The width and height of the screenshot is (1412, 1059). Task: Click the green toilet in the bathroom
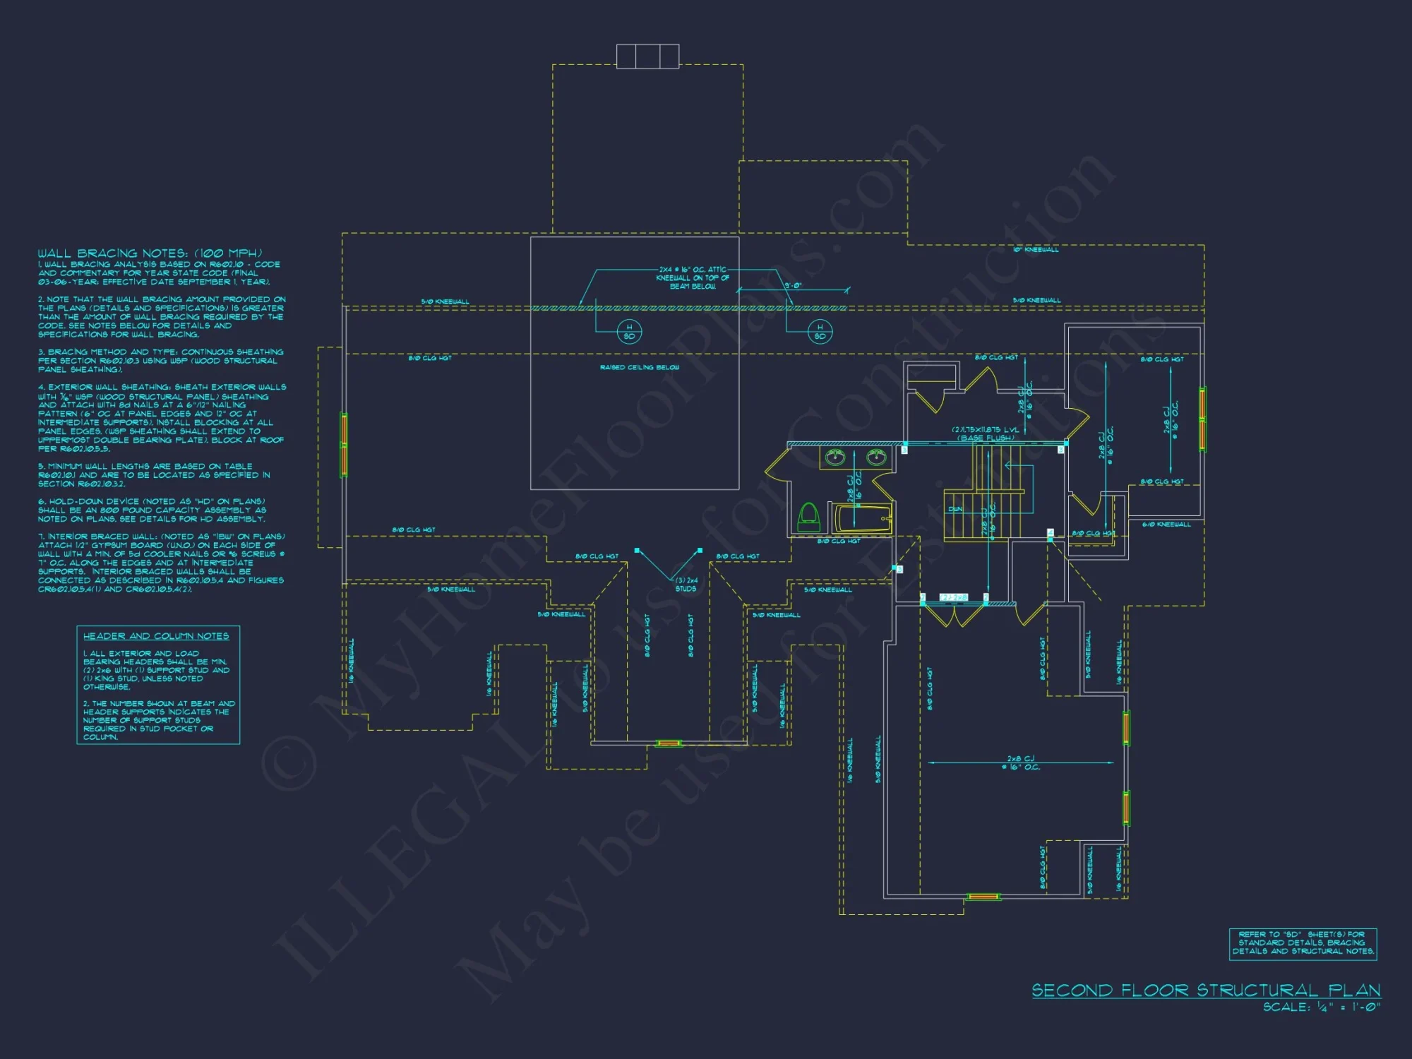coord(808,517)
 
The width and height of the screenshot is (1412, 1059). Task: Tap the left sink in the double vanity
coord(836,457)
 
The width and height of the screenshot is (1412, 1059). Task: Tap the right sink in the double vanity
coord(876,457)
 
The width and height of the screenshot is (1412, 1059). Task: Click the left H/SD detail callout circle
coord(629,331)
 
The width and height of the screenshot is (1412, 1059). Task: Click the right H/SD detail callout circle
coord(820,331)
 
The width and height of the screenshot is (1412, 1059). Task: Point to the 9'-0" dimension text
coord(793,286)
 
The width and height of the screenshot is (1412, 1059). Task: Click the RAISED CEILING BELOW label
coord(640,367)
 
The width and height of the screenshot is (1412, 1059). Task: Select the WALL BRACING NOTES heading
coord(150,253)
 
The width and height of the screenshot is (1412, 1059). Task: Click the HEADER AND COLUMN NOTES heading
coord(156,636)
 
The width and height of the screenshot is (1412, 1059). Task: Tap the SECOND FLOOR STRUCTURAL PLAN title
coord(1206,991)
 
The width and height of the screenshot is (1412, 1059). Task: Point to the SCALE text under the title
coord(1322,1007)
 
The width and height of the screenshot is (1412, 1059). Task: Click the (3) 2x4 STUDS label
coord(686,585)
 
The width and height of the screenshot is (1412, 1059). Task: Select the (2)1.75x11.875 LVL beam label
coord(986,433)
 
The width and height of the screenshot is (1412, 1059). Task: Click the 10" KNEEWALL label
coord(1036,250)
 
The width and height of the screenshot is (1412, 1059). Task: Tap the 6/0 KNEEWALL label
coord(1166,525)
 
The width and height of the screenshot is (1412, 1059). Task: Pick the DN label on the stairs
coord(955,509)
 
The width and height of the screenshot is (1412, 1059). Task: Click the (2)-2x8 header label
coord(954,598)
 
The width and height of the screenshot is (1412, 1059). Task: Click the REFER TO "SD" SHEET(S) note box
coord(1303,943)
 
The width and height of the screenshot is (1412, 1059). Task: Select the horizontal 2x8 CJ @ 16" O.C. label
coord(1021,763)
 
